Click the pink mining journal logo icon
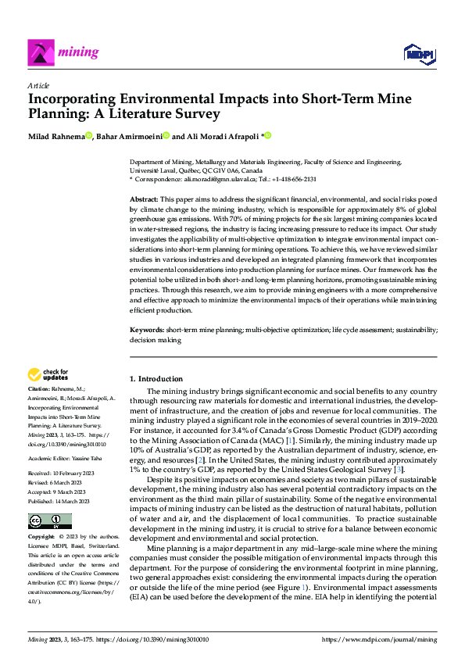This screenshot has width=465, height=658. coord(41,52)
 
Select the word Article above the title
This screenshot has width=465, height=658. coord(38,85)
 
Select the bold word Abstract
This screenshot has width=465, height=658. coord(143,200)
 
